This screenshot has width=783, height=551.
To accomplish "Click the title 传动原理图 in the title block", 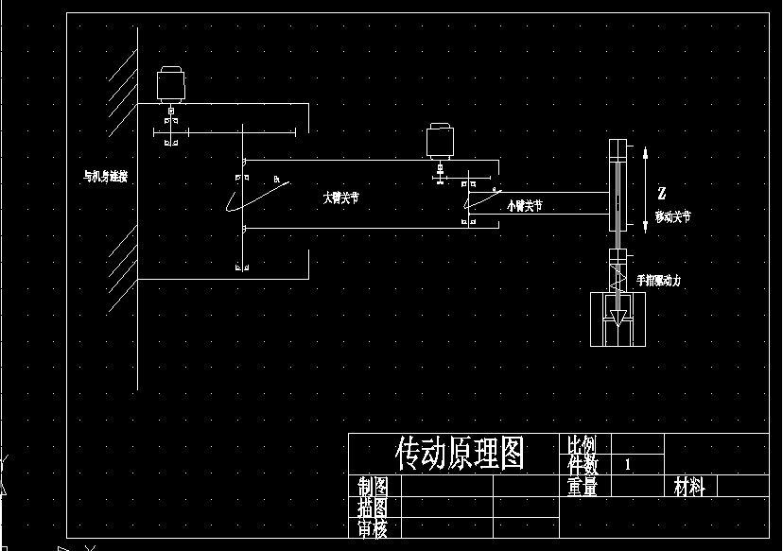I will coord(460,454).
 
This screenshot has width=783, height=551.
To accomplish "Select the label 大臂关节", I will coord(340,198).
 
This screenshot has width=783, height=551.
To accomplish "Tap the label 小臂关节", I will coord(525,205).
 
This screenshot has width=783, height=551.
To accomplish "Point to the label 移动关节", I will coord(672,216).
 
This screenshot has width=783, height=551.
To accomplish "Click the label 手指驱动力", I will coord(658,280).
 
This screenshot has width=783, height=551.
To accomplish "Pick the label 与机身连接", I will coord(105,176).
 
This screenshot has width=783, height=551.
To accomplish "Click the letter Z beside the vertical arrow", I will coord(662,193).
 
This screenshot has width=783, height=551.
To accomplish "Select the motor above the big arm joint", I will coord(170,84).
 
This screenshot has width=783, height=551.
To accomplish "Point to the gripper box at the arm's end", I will coord(618,319).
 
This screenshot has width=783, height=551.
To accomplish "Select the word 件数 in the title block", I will coord(583,465).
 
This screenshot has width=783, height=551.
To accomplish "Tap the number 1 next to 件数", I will coord(628,465).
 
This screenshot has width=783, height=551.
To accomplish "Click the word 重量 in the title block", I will coord(583,487).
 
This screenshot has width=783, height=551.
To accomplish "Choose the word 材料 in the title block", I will coord(689,487).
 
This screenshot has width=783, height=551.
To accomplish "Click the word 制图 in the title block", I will coord(374,487).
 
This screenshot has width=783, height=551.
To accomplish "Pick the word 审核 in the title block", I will coord(374,529).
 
